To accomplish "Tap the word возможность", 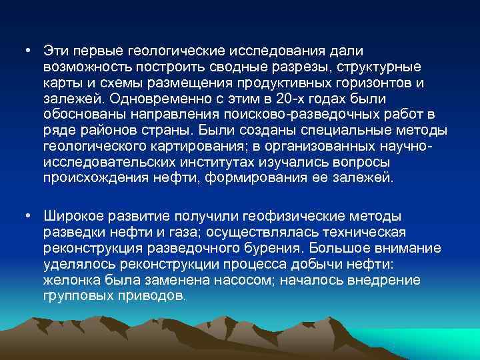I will [85, 67].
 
